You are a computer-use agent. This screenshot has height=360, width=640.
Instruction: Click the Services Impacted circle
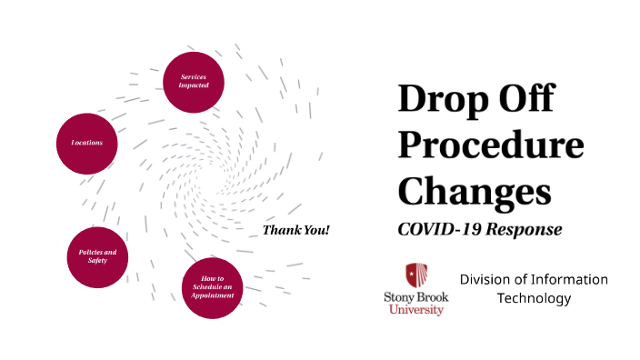[x=194, y=81]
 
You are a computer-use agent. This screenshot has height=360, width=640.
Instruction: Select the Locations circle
[x=87, y=144]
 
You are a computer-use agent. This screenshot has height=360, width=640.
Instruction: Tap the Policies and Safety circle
[x=98, y=255]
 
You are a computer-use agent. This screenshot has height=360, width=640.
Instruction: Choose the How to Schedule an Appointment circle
[x=213, y=287]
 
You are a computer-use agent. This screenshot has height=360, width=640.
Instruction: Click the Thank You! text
[x=295, y=230]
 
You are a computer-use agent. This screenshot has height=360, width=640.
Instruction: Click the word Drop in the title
[x=439, y=98]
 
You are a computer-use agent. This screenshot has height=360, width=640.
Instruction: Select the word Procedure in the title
[x=491, y=145]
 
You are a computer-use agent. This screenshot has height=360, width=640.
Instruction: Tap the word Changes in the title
[x=475, y=192]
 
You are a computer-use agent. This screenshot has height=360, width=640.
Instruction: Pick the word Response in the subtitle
[x=524, y=229]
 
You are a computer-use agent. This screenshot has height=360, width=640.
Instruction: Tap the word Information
[x=568, y=279]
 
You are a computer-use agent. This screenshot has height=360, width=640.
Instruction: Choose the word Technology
[x=534, y=298]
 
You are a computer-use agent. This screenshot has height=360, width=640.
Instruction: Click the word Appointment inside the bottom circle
[x=214, y=295]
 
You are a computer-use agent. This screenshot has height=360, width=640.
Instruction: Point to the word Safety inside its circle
[x=98, y=261]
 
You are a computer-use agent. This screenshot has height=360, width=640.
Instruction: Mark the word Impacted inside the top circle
[x=194, y=85]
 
